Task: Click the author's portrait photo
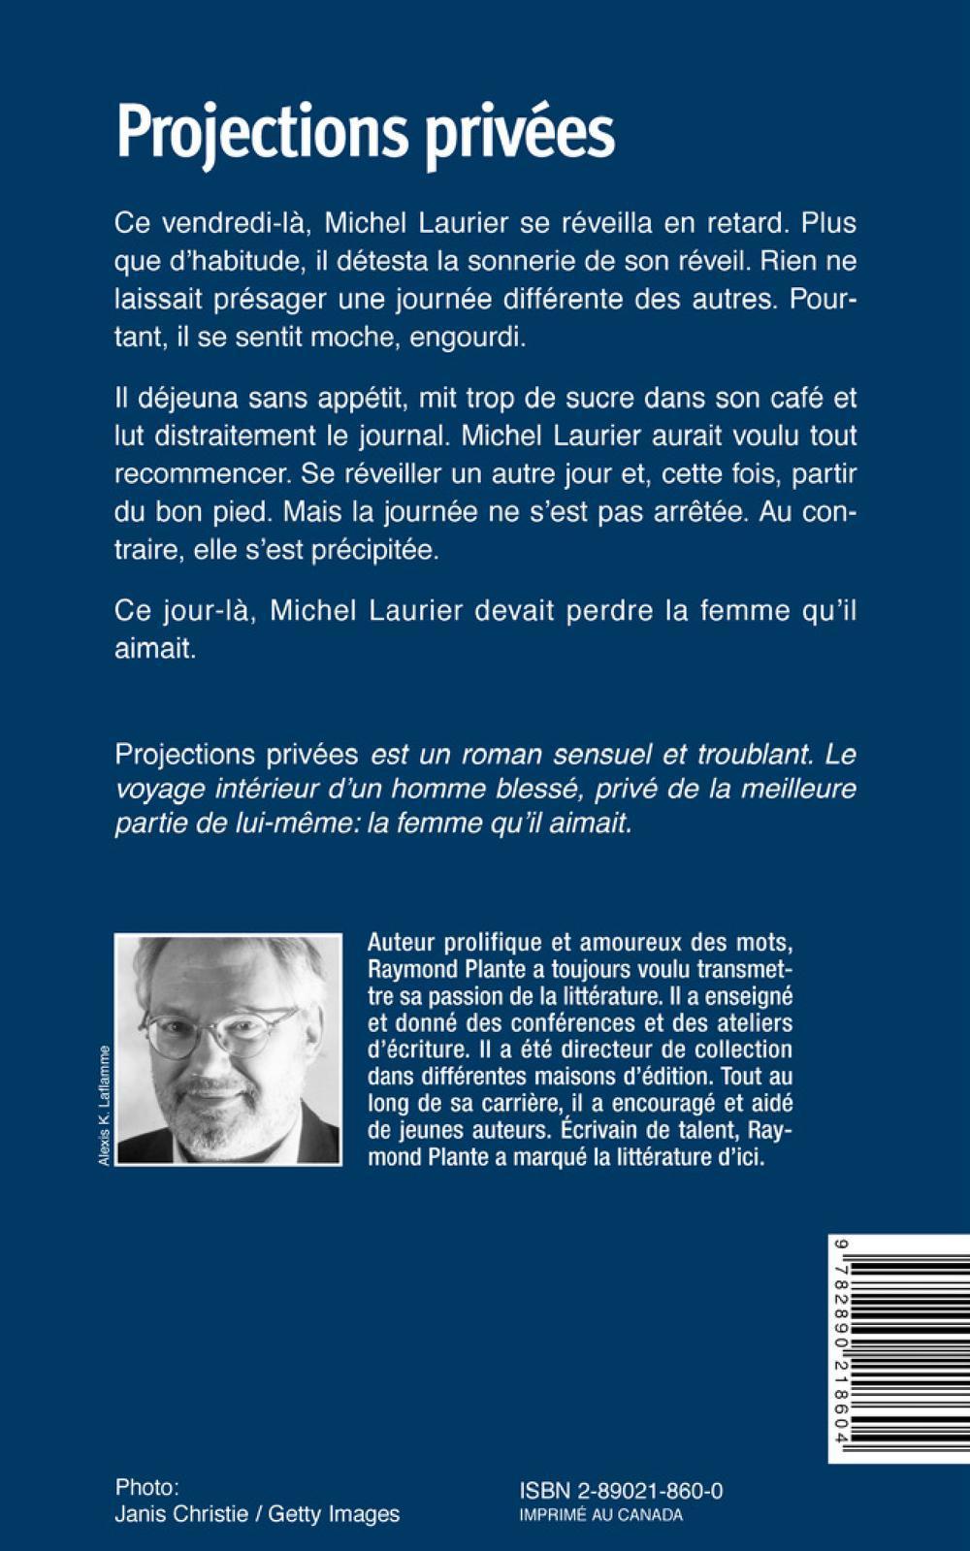tap(228, 1049)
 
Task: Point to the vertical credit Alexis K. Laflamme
tap(105, 1106)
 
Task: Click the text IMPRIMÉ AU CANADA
tap(601, 1515)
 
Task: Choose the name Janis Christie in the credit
tap(181, 1513)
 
